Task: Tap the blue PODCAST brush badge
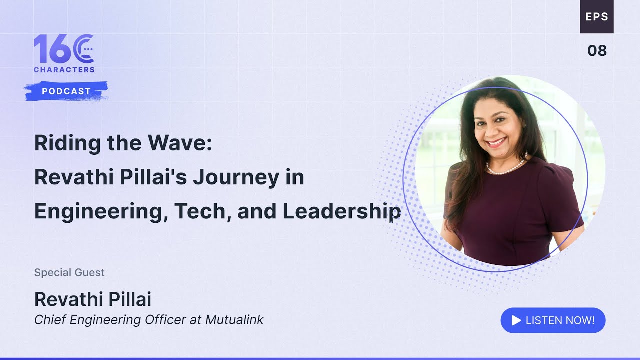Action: pos(66,91)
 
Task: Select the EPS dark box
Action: pos(597,16)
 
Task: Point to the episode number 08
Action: pos(597,50)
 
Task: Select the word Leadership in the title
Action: pos(342,211)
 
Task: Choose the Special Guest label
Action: pos(69,272)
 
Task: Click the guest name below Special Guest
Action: pos(93,299)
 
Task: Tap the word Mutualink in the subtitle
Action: pos(234,320)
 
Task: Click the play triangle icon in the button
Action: pos(516,320)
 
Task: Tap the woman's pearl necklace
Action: pos(506,167)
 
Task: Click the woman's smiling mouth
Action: pos(496,142)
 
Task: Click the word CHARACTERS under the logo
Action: pos(64,70)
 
